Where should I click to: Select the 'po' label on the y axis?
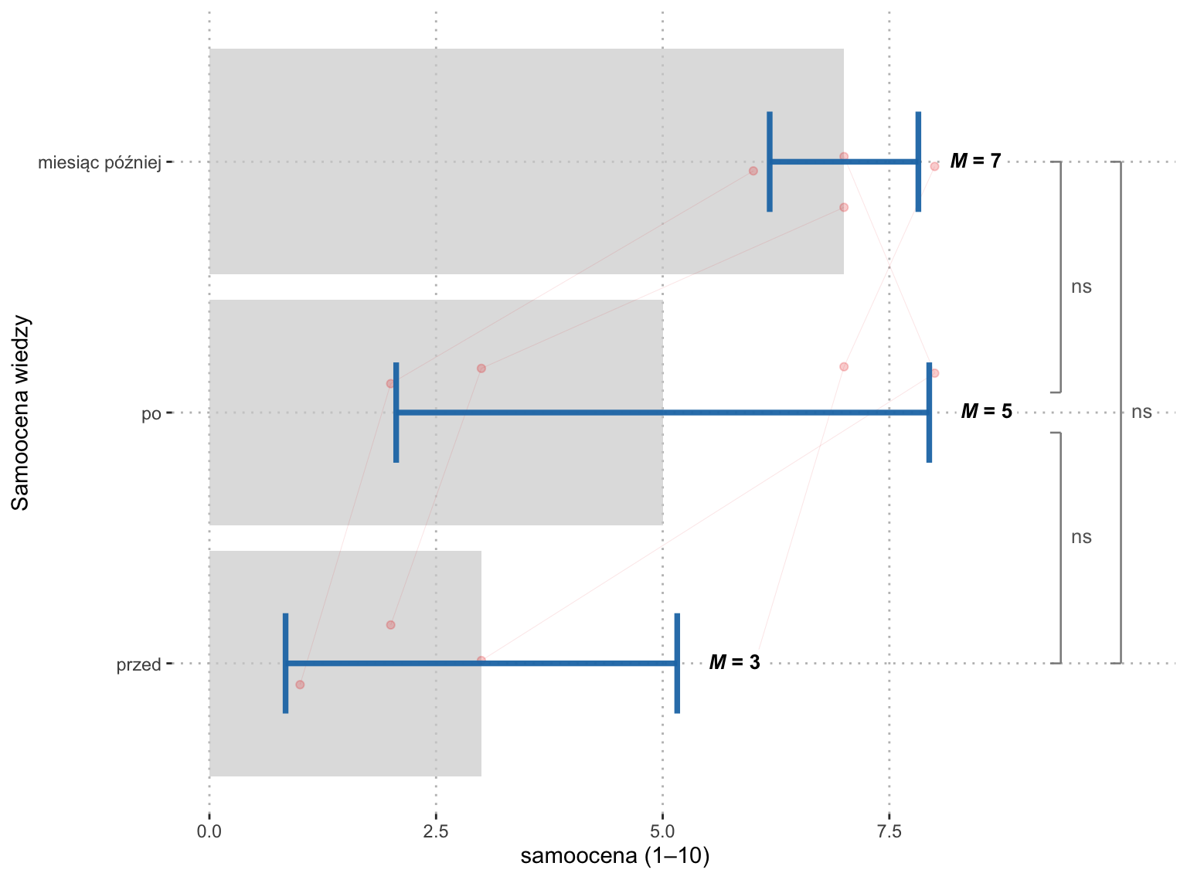(151, 414)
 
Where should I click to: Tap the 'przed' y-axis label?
(138, 664)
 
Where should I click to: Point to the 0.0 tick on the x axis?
(209, 831)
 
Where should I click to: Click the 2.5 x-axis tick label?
(436, 831)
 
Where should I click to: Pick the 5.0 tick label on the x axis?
(662, 831)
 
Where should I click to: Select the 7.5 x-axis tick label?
(889, 831)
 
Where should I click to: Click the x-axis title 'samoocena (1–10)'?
(615, 857)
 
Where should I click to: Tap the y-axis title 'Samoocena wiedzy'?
(20, 413)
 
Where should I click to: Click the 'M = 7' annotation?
(975, 161)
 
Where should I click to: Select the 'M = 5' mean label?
(986, 411)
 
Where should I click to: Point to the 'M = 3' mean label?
(734, 662)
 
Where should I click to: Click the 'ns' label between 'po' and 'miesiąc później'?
(1081, 287)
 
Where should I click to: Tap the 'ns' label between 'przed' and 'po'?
(1081, 537)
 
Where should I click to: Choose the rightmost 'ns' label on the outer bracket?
(1141, 413)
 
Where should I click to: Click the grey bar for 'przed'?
(345, 664)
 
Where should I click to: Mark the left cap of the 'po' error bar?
(396, 413)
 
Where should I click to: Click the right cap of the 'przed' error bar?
(677, 663)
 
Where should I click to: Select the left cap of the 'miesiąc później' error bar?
(770, 161)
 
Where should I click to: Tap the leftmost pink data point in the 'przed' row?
(300, 684)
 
